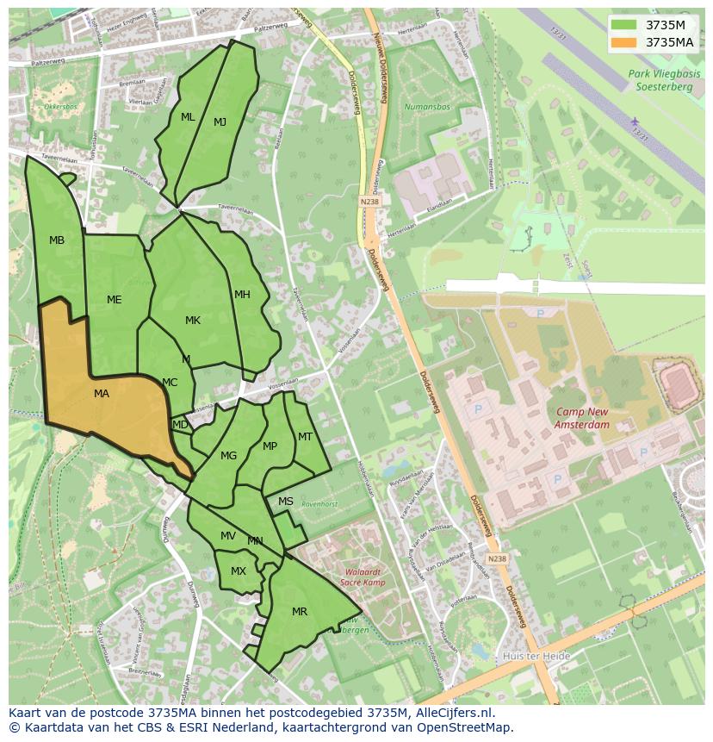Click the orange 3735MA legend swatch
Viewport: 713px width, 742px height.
click(x=625, y=42)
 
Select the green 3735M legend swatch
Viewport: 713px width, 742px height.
click(x=625, y=25)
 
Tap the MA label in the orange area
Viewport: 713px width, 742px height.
click(x=102, y=394)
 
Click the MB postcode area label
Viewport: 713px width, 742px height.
click(x=57, y=240)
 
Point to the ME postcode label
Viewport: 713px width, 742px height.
click(x=114, y=300)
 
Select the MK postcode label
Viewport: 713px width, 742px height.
click(x=193, y=321)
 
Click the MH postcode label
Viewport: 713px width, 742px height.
click(x=242, y=295)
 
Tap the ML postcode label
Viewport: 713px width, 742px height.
click(x=188, y=117)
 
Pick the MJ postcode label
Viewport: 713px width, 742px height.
click(x=220, y=122)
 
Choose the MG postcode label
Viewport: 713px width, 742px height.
click(x=228, y=456)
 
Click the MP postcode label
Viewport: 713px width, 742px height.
click(x=270, y=446)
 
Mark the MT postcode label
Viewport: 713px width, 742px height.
click(x=305, y=437)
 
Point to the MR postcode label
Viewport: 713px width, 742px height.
click(x=299, y=612)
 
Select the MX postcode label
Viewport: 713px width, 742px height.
click(x=239, y=571)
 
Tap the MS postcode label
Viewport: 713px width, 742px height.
click(x=285, y=502)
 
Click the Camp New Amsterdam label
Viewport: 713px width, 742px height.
click(x=583, y=418)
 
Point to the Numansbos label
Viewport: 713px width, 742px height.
click(x=427, y=108)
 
